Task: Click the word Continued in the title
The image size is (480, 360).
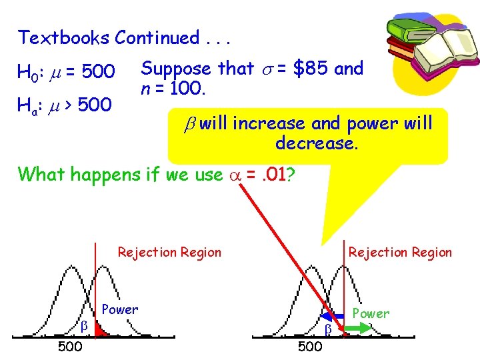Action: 157,38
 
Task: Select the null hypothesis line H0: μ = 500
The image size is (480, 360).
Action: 67,71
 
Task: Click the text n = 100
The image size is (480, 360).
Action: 172,87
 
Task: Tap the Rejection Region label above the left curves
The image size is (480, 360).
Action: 169,252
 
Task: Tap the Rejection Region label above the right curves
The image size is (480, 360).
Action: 400,252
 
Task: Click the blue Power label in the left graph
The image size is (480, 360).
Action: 120,309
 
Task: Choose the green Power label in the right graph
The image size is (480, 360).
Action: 371,313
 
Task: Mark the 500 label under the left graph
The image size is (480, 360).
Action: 70,347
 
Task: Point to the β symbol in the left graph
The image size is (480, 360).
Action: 84,325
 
